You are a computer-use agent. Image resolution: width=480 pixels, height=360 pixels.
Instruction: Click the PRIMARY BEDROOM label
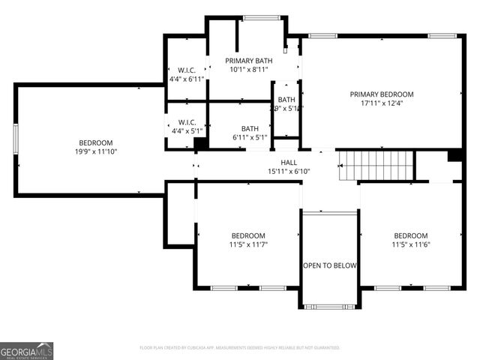(x=382, y=94)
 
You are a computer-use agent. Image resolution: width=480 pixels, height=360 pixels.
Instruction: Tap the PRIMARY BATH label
(x=249, y=61)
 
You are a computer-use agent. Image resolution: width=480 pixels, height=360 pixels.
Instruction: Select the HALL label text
(x=289, y=162)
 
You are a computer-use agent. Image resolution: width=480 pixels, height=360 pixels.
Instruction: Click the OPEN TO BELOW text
(x=330, y=265)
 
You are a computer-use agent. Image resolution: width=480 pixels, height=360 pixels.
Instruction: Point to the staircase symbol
(x=375, y=165)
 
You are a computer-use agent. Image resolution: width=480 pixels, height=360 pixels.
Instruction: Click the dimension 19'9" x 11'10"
(x=96, y=151)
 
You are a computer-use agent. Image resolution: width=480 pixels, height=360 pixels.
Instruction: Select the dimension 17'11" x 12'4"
(x=382, y=103)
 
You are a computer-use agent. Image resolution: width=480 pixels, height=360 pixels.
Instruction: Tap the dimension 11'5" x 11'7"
(x=248, y=244)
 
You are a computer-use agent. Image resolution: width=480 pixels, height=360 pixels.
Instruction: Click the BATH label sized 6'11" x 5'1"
(x=250, y=128)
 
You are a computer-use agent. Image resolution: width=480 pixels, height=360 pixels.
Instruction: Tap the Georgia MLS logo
(x=27, y=350)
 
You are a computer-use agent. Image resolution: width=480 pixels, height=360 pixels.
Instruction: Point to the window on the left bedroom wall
(x=16, y=140)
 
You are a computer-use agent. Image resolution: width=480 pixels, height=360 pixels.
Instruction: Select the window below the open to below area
(x=330, y=306)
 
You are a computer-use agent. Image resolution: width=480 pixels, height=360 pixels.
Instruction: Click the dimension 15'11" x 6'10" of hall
(x=289, y=171)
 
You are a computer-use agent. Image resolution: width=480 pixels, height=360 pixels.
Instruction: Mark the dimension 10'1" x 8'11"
(x=249, y=70)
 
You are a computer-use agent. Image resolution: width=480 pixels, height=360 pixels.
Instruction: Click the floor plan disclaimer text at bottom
(x=240, y=348)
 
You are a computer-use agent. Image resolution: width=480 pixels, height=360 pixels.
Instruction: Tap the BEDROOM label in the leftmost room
(x=96, y=142)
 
